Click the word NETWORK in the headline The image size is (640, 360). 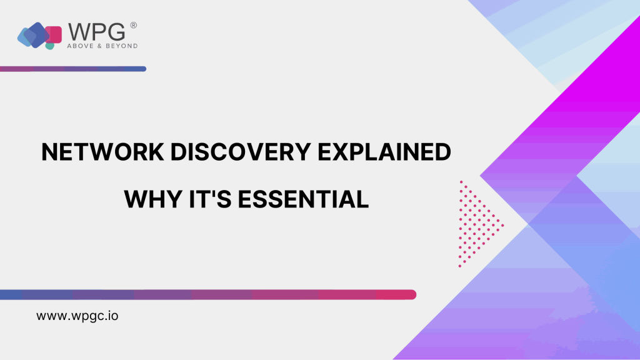click(102, 152)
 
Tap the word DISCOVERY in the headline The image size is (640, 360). click(241, 152)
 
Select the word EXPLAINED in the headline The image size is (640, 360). click(384, 152)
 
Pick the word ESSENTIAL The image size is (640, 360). click(303, 199)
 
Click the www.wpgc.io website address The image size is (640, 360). click(77, 316)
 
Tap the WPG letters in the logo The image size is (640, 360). click(96, 32)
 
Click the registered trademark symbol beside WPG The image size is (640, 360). click(134, 25)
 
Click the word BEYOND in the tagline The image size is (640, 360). click(121, 46)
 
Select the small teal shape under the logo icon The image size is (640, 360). click(50, 46)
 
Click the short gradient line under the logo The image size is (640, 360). click(73, 69)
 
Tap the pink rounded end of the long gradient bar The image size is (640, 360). click(410, 294)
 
